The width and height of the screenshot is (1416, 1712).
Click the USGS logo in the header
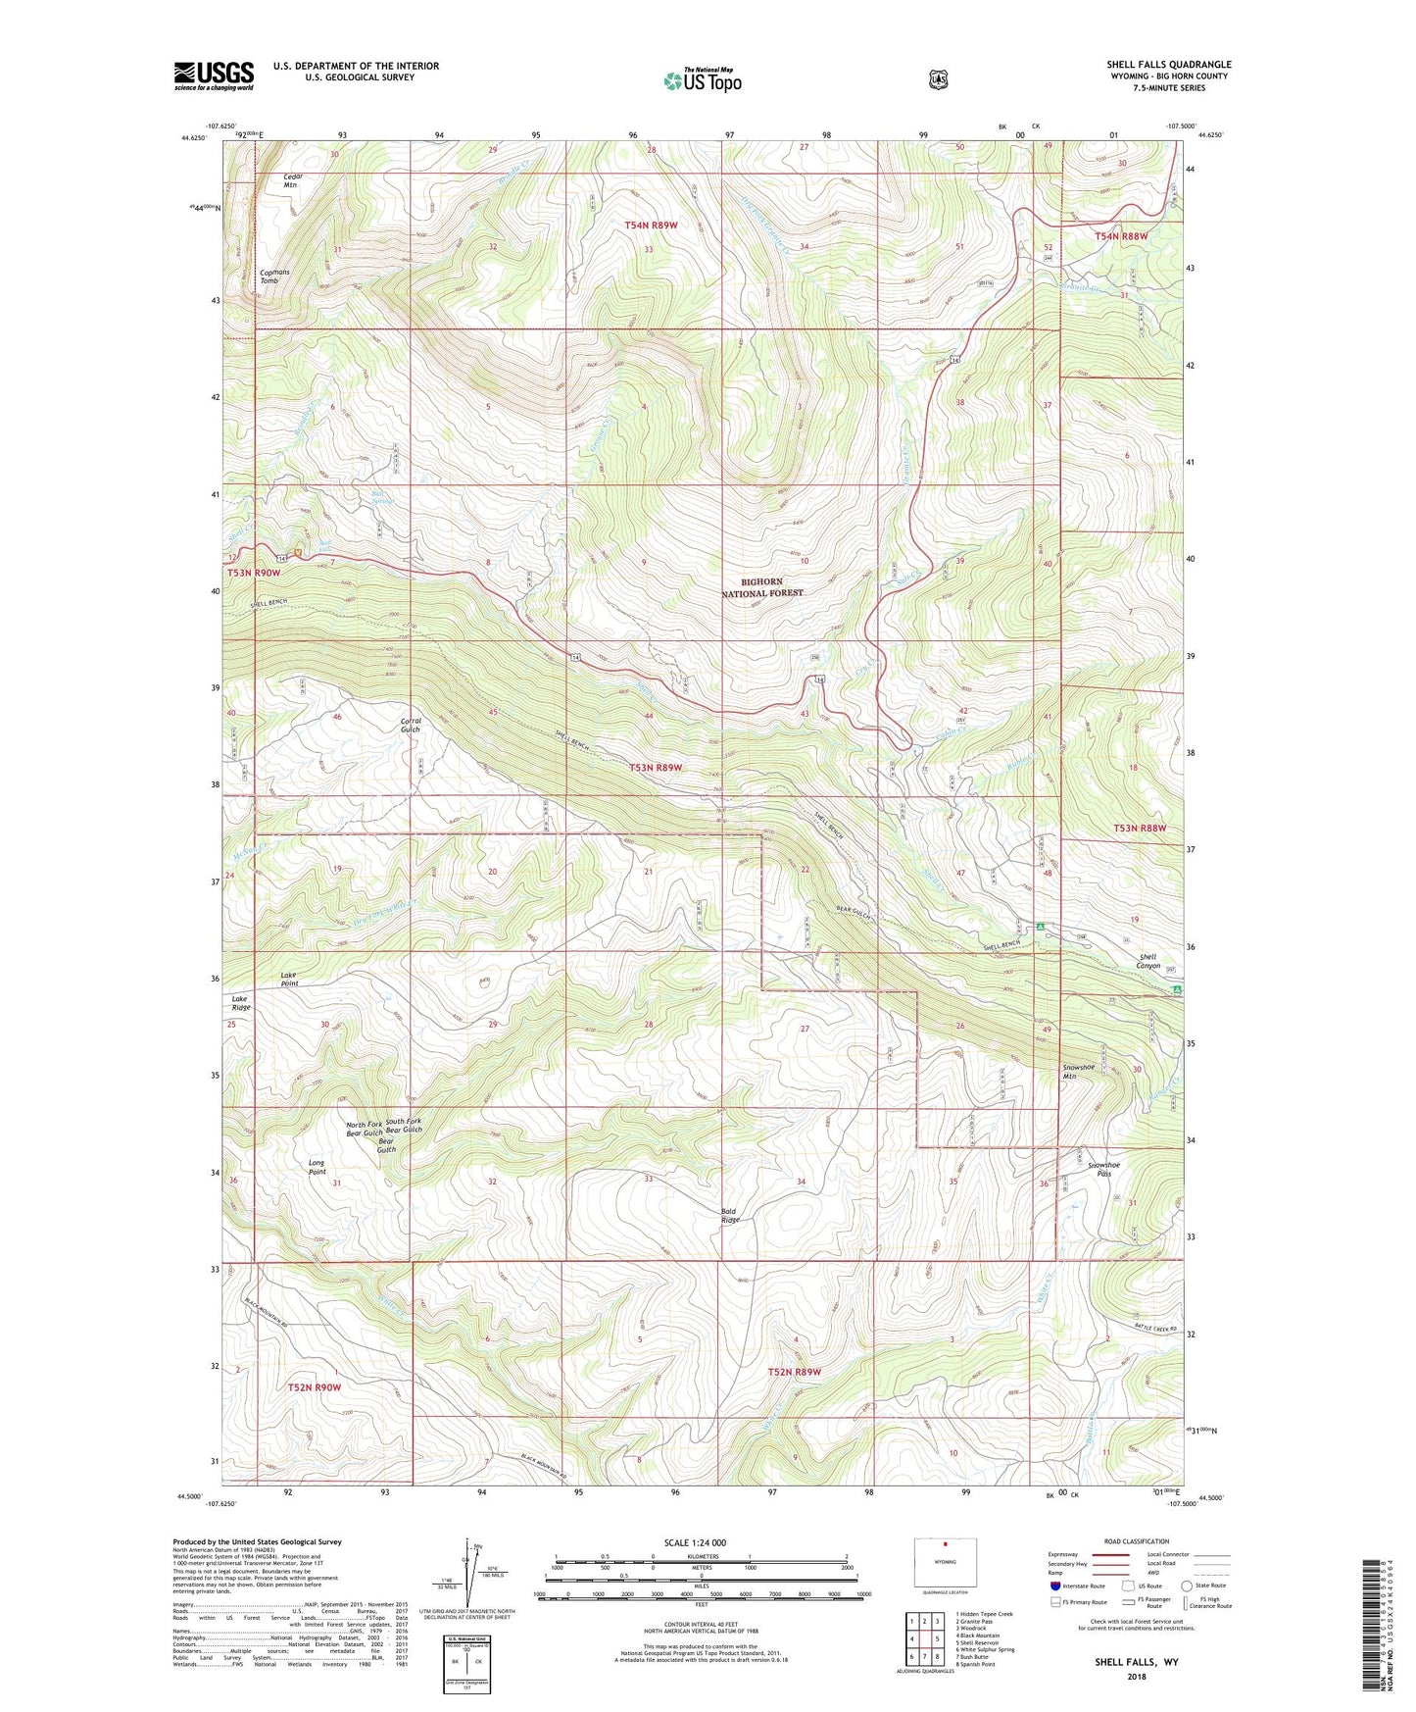(x=214, y=76)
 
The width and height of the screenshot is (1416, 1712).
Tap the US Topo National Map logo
(x=701, y=80)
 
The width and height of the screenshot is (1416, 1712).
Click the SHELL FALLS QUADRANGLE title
(x=1169, y=65)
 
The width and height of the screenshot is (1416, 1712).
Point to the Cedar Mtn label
(x=292, y=180)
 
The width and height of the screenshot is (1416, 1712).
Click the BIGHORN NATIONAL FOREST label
(x=761, y=587)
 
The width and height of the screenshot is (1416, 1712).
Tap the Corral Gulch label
(x=411, y=725)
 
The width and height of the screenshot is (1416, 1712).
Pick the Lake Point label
(x=289, y=979)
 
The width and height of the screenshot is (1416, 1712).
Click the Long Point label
(x=317, y=1167)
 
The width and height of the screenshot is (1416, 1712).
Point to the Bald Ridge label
(x=730, y=1216)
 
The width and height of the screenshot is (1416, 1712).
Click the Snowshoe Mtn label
(x=1078, y=1071)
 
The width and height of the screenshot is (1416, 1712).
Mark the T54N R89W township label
(x=651, y=226)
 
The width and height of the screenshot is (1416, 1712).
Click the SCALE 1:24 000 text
(x=695, y=1542)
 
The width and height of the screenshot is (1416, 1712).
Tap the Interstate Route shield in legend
(x=1054, y=1586)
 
